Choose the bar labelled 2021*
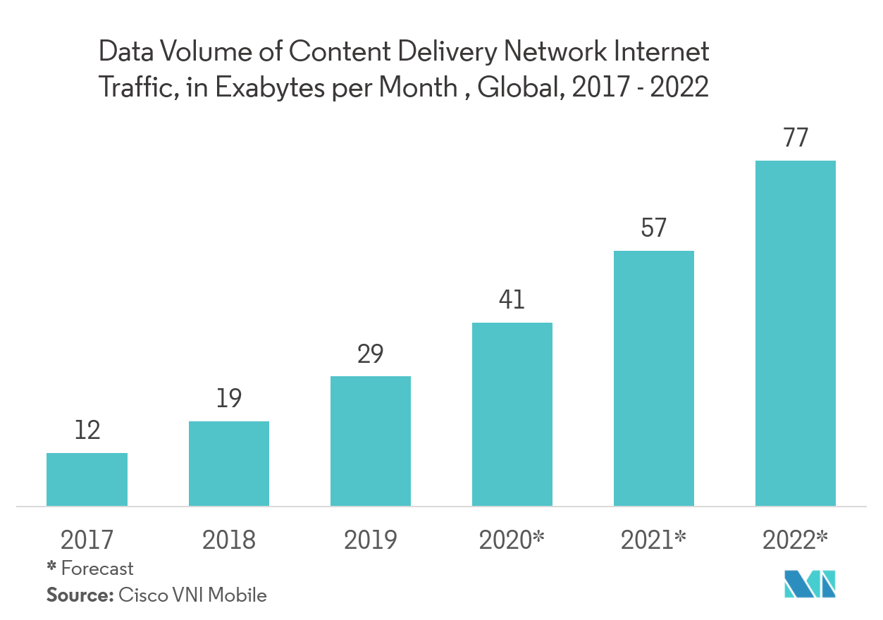click(x=654, y=378)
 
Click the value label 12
click(x=87, y=430)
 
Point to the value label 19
click(x=228, y=399)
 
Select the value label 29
click(x=371, y=354)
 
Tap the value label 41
click(x=512, y=300)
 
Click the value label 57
click(x=654, y=228)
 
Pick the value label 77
click(x=796, y=138)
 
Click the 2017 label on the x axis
click(x=87, y=540)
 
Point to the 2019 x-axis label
click(x=371, y=540)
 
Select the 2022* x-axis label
click(x=796, y=540)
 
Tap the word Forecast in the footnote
click(x=97, y=568)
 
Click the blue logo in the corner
click(x=810, y=584)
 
